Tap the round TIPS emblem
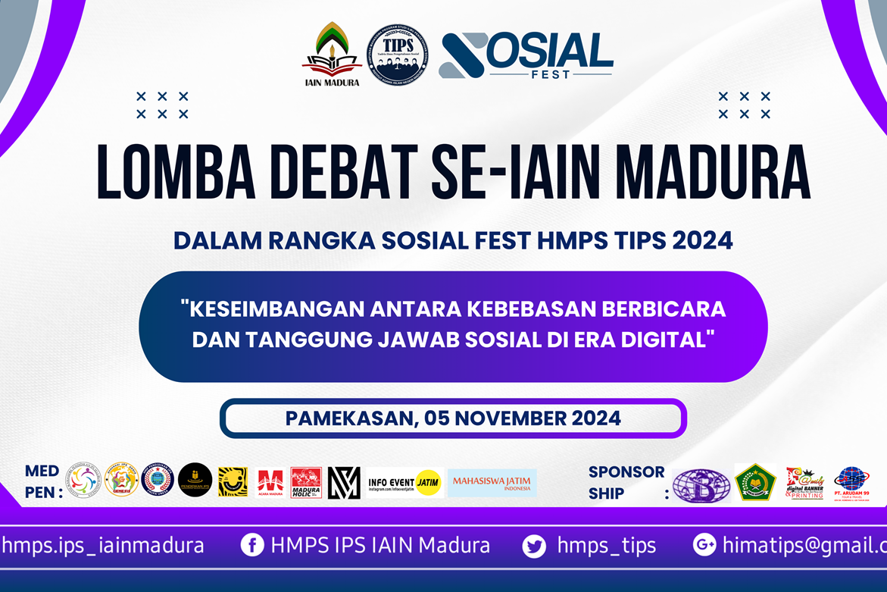point(398,55)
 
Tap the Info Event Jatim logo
point(404,482)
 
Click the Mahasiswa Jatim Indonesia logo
point(492,482)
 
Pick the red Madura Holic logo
point(306,482)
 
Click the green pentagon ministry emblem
point(755,482)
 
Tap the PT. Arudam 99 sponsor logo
point(851,482)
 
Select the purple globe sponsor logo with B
point(701,485)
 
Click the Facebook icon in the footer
point(251,545)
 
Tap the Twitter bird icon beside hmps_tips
point(534,546)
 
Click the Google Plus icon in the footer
point(704,545)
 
